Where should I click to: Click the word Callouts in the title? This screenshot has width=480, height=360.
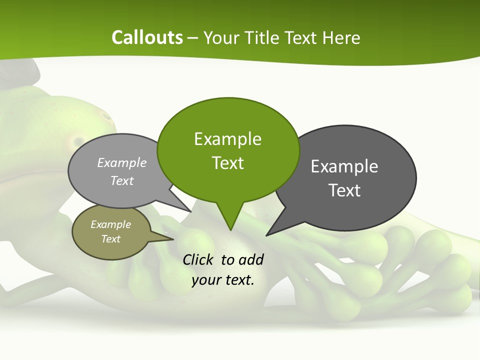pyautogui.click(x=147, y=37)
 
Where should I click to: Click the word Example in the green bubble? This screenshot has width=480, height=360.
pyautogui.click(x=228, y=139)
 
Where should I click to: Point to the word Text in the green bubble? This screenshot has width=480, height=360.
pyautogui.click(x=228, y=163)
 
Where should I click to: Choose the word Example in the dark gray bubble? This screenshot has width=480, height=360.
pyautogui.click(x=344, y=166)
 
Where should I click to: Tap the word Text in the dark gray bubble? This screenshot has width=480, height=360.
pyautogui.click(x=344, y=190)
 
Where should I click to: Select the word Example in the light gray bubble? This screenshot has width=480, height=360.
pyautogui.click(x=122, y=162)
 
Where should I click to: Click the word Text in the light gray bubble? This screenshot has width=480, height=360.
pyautogui.click(x=122, y=180)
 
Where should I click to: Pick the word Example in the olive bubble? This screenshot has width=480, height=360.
pyautogui.click(x=111, y=224)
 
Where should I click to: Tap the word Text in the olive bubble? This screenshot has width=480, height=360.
pyautogui.click(x=111, y=239)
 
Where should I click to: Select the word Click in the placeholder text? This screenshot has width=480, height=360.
pyautogui.click(x=198, y=259)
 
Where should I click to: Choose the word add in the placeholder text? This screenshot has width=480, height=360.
pyautogui.click(x=251, y=259)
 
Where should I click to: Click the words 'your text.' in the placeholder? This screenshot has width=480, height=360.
pyautogui.click(x=223, y=280)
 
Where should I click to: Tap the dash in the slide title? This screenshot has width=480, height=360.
pyautogui.click(x=193, y=38)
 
